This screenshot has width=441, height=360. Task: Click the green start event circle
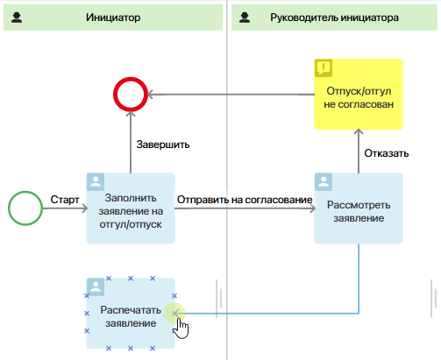(x=9, y=208)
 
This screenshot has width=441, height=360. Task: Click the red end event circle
(x=115, y=95)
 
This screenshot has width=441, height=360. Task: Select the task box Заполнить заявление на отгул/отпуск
(x=131, y=208)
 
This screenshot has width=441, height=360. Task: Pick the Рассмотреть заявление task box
(x=359, y=208)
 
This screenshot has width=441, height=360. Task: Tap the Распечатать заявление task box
(x=131, y=314)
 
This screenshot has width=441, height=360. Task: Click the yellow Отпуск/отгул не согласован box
(x=359, y=95)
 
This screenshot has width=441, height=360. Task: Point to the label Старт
(x=65, y=200)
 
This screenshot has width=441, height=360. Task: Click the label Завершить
(x=163, y=145)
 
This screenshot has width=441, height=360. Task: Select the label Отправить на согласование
(x=245, y=200)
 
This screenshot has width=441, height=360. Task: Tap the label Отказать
(x=386, y=153)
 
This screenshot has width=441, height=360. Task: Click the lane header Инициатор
(x=113, y=18)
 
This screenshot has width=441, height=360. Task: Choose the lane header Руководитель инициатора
(x=334, y=18)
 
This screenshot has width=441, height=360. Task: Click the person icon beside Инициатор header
(x=17, y=18)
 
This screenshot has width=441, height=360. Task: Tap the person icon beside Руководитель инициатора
(x=245, y=18)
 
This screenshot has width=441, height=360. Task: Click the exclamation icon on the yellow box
(x=324, y=67)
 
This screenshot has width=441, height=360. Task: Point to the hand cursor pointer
(x=181, y=328)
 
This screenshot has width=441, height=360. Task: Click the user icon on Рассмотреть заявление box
(x=324, y=181)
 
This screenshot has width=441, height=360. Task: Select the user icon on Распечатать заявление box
(x=96, y=286)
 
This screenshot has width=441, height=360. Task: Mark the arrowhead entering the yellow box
(x=359, y=131)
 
